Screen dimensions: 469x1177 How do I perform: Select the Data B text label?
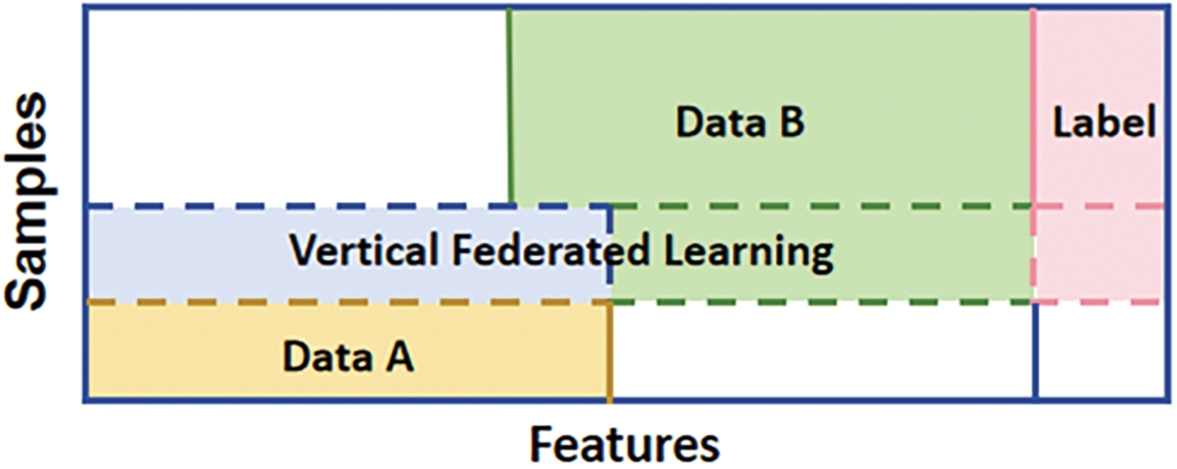[740, 123]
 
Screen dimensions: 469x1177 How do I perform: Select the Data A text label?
[347, 356]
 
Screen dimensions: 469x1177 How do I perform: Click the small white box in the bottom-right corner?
[1099, 353]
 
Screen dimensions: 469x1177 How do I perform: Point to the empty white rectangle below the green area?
[821, 353]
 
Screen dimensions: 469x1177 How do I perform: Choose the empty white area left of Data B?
[296, 105]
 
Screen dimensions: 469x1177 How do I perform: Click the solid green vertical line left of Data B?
[510, 105]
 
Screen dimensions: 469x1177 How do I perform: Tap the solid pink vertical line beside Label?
[1033, 105]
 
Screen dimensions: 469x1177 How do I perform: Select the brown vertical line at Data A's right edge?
[609, 353]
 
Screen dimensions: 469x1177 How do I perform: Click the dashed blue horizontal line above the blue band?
[349, 207]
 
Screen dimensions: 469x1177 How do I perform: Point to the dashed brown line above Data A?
[349, 302]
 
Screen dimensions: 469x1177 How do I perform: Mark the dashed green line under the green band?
[820, 302]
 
